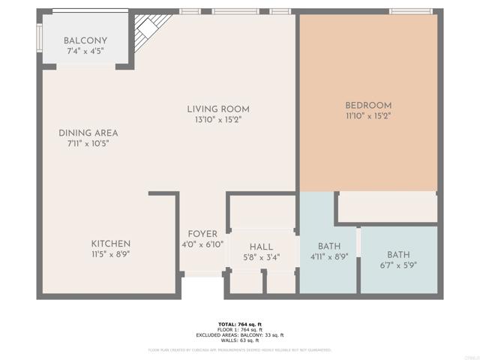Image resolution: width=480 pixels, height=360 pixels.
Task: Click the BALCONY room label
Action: tap(85, 40)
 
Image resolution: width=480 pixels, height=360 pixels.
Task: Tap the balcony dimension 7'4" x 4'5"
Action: tap(85, 52)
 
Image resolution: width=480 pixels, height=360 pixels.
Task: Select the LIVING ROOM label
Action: tap(218, 109)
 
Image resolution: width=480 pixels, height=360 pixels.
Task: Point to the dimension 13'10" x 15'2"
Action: tap(218, 119)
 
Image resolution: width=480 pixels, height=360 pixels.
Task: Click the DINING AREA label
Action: tap(88, 133)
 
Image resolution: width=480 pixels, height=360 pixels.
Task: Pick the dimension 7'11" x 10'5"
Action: tap(88, 144)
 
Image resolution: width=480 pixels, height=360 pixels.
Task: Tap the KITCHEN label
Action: tap(111, 244)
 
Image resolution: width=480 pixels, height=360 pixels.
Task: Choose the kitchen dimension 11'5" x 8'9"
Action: tap(111, 255)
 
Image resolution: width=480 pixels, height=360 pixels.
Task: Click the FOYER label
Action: tap(202, 233)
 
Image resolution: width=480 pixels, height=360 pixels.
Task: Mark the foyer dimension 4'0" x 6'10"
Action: tap(202, 244)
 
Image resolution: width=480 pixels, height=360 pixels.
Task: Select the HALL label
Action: tap(261, 247)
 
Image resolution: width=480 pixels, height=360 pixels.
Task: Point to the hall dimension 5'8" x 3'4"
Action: tap(261, 257)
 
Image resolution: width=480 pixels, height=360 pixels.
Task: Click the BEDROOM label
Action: tap(368, 105)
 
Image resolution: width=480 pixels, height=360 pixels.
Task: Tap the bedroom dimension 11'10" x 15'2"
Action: tap(368, 116)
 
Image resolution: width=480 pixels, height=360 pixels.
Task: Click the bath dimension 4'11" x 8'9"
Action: tap(329, 256)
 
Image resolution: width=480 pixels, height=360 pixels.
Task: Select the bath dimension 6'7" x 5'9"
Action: tap(398, 265)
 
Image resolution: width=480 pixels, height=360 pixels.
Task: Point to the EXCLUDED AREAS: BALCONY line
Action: tap(240, 334)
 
